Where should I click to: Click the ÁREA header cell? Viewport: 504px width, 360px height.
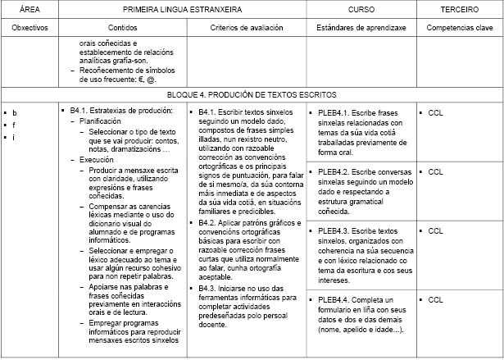pyautogui.click(x=30, y=9)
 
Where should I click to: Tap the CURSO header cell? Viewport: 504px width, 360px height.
pyautogui.click(x=361, y=9)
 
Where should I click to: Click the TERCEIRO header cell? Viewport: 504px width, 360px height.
pyautogui.click(x=459, y=9)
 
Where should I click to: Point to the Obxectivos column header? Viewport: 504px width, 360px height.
pyautogui.click(x=30, y=27)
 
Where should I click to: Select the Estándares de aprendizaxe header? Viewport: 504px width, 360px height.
pyautogui.click(x=361, y=27)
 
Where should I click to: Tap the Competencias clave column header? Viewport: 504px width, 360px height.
pyautogui.click(x=459, y=27)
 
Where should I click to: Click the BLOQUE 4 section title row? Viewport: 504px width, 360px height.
pyautogui.click(x=252, y=95)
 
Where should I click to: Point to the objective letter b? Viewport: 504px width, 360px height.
pyautogui.click(x=15, y=112)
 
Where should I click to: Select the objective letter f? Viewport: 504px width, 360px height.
pyautogui.click(x=15, y=125)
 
